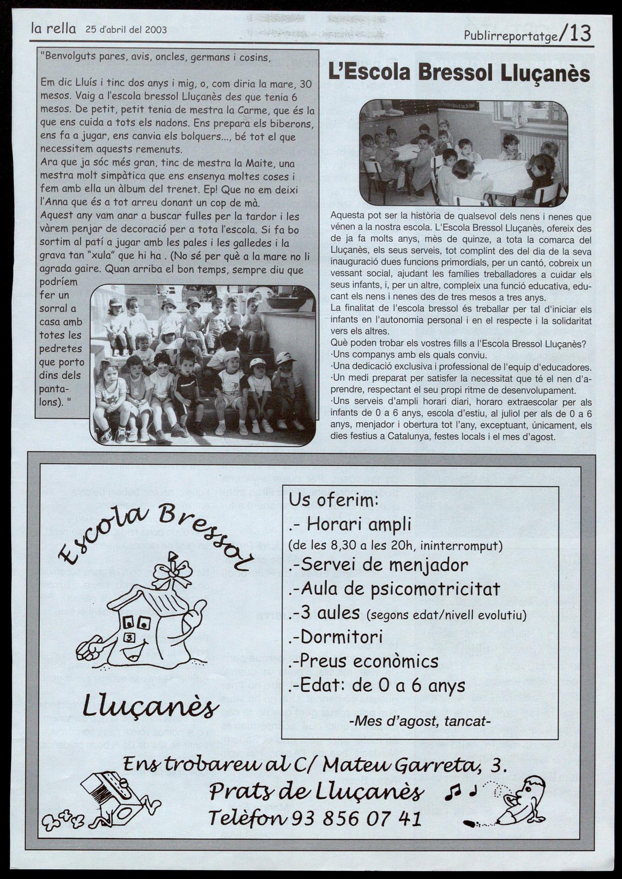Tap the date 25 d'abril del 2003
pos(126,29)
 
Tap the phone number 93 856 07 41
pos(356,817)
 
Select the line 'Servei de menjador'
pos(379,565)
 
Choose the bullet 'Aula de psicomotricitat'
pos(395,589)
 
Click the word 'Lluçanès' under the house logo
pos(150,706)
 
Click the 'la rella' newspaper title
pos(53,29)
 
